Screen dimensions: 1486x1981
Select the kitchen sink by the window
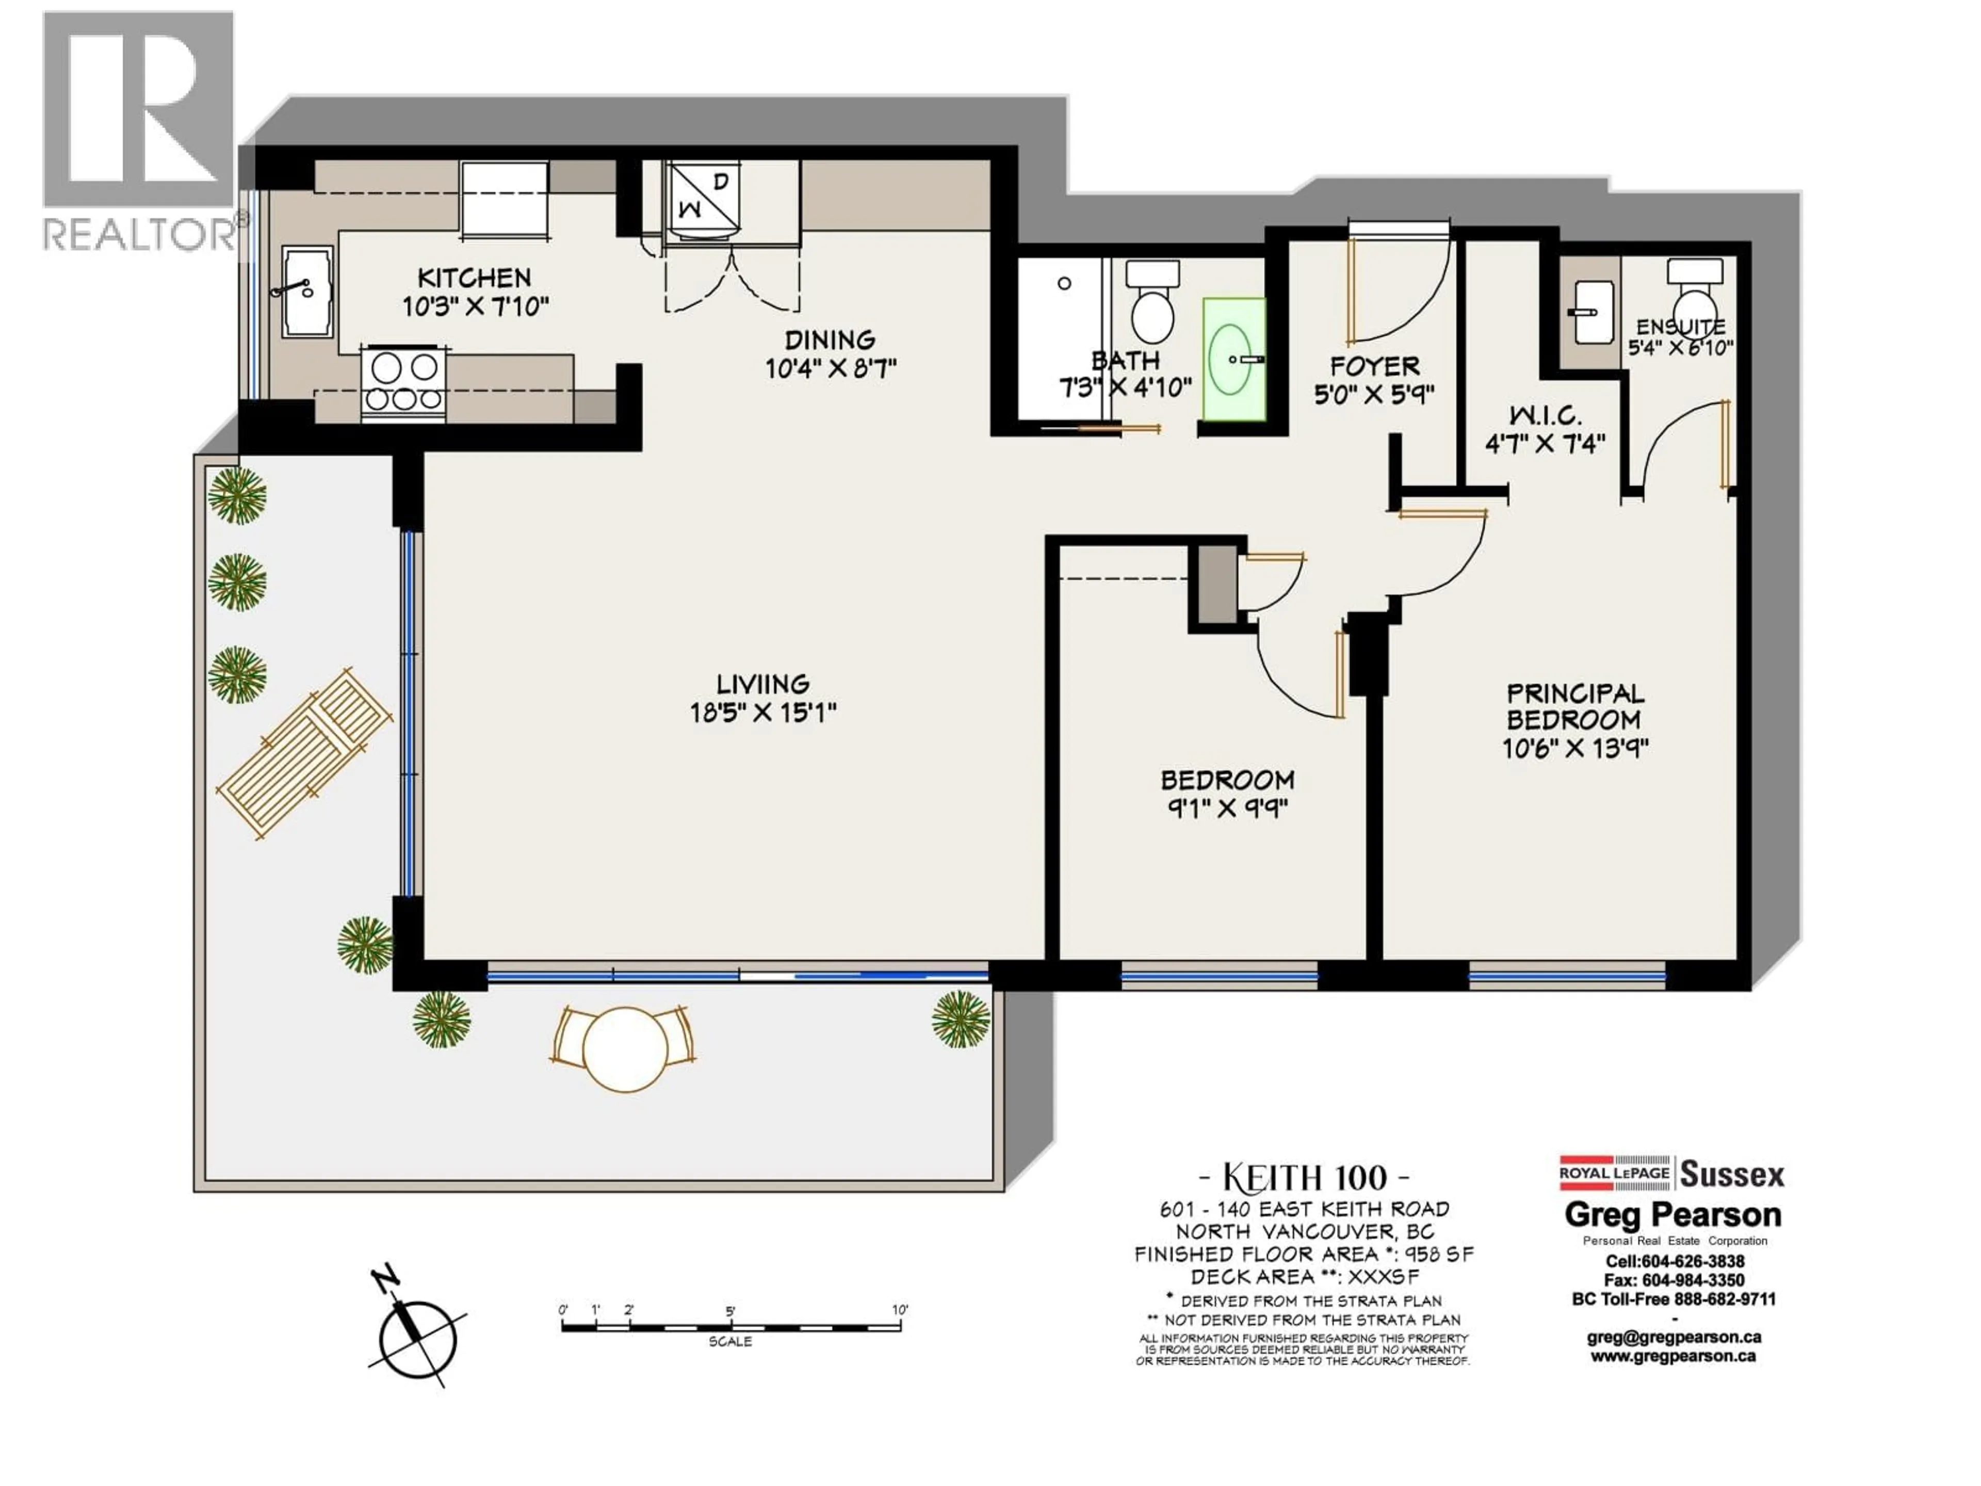(x=307, y=292)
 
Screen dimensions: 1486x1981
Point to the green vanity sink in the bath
(x=1233, y=359)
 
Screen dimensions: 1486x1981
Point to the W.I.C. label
(x=1545, y=415)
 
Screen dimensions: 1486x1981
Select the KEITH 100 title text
(x=1304, y=1177)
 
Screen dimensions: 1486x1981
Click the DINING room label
(x=830, y=341)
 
